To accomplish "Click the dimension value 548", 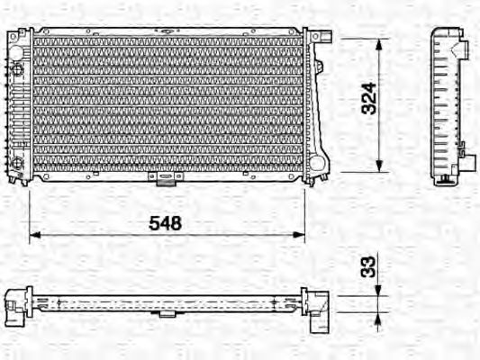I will (166, 222).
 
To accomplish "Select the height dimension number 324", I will (367, 105).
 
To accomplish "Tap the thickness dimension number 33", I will (367, 266).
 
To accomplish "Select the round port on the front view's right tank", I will (317, 162).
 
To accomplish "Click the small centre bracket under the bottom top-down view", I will (167, 313).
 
